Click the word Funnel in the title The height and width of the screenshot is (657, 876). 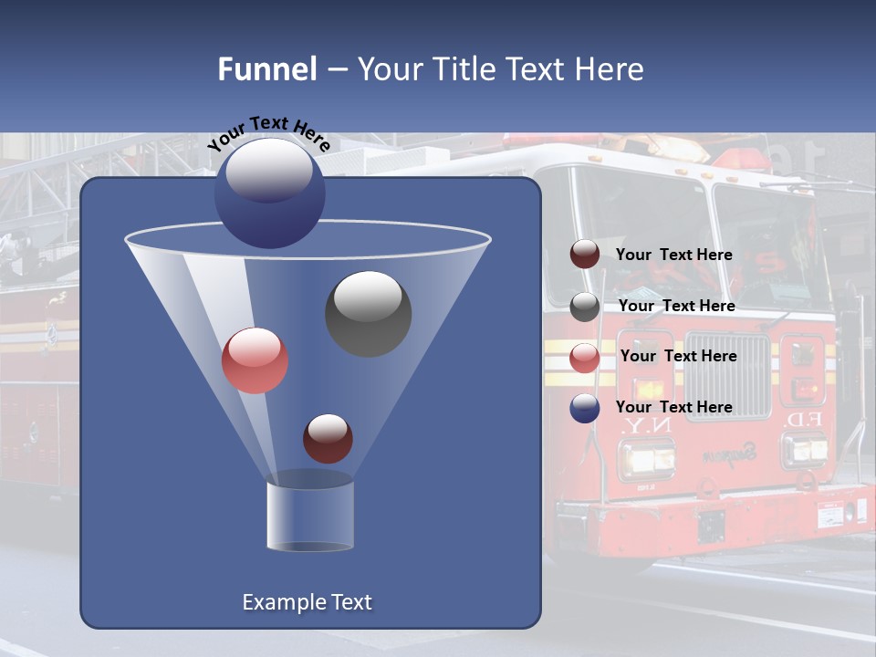pyautogui.click(x=266, y=69)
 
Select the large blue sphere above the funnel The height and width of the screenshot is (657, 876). pyautogui.click(x=269, y=193)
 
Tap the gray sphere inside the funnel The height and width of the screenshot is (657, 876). pyautogui.click(x=368, y=313)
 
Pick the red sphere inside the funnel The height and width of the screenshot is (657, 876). pyautogui.click(x=255, y=360)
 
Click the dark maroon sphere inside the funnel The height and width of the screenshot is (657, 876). pyautogui.click(x=328, y=438)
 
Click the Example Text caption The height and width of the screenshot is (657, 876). pyautogui.click(x=307, y=602)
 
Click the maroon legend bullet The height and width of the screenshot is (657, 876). pyautogui.click(x=585, y=255)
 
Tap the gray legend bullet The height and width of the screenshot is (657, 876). pyautogui.click(x=585, y=307)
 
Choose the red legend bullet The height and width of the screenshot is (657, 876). pyautogui.click(x=585, y=358)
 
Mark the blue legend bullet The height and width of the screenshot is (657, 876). pyautogui.click(x=585, y=408)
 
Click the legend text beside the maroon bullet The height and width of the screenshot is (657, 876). pyautogui.click(x=673, y=255)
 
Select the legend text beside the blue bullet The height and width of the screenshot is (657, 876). pyautogui.click(x=673, y=407)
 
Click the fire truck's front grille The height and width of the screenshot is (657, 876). pyautogui.click(x=727, y=374)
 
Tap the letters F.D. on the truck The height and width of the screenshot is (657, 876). pyautogui.click(x=804, y=420)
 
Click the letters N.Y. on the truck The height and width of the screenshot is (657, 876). pyautogui.click(x=633, y=427)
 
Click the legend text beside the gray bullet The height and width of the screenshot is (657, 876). pyautogui.click(x=676, y=306)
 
